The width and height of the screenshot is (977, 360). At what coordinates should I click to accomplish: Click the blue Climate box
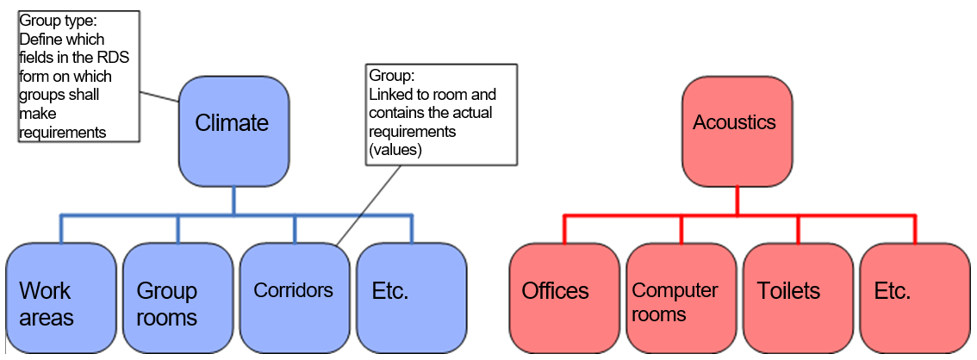tap(233, 131)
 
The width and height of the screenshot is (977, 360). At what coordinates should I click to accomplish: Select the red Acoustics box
tap(737, 131)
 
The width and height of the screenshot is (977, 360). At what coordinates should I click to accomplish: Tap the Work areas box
tap(60, 297)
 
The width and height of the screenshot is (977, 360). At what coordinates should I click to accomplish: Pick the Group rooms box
tap(177, 297)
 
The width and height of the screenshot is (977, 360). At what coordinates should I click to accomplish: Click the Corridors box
tap(294, 297)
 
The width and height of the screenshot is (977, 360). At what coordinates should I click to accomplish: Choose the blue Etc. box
tap(411, 297)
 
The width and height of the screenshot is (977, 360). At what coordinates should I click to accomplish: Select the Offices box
tap(564, 297)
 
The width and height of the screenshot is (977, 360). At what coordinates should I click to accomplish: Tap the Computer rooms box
tap(681, 297)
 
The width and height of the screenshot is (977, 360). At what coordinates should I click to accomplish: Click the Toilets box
tap(798, 297)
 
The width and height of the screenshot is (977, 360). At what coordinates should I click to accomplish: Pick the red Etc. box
tap(915, 297)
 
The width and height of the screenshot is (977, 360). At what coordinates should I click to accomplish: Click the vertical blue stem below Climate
tap(233, 200)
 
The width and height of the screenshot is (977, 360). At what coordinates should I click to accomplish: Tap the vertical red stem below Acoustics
tap(737, 200)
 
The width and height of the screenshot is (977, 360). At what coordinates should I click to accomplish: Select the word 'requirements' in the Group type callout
tap(61, 133)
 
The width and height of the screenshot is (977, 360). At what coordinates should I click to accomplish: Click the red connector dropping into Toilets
tap(798, 229)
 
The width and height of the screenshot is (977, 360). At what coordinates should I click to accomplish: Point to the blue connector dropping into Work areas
tap(60, 229)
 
